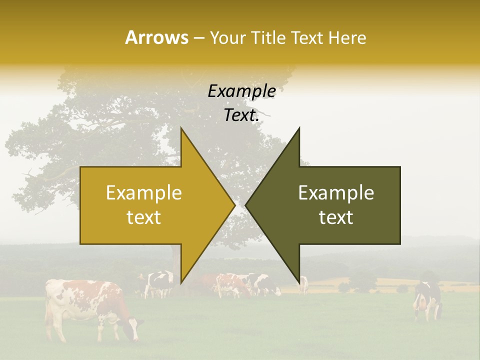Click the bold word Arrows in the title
[157, 37]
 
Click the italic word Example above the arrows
[241, 91]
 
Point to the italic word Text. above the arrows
[241, 115]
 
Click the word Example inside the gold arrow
[144, 193]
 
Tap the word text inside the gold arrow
[144, 217]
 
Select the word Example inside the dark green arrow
[336, 193]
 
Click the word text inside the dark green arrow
[336, 217]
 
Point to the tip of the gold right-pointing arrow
[234, 205]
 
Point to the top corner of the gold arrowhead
[181, 129]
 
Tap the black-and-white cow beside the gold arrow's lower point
[159, 283]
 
